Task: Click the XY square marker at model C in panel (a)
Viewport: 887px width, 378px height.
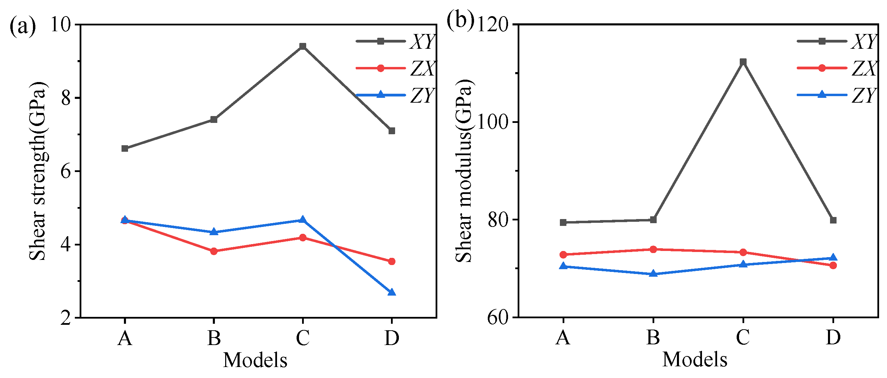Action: click(303, 46)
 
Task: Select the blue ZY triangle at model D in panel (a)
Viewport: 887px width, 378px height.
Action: click(392, 293)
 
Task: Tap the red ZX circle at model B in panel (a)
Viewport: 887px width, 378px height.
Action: click(214, 251)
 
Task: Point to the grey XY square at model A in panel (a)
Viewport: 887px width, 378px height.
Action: click(125, 148)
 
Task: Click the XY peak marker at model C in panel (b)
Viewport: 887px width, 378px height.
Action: click(743, 61)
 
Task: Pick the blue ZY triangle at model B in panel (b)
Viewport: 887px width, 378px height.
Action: click(653, 274)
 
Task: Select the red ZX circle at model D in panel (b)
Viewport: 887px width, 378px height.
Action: click(833, 265)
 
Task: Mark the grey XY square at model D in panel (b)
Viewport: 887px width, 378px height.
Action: click(833, 220)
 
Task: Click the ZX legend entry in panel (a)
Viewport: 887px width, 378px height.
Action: click(396, 68)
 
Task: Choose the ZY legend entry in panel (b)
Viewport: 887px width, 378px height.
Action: click(837, 95)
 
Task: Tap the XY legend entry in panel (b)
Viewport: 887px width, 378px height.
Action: click(837, 41)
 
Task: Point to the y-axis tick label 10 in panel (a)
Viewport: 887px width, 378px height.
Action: click(61, 25)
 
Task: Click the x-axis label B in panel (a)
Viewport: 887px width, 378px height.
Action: click(214, 338)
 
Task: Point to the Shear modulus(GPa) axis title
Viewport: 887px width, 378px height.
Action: click(464, 171)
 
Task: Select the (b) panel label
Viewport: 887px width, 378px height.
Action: click(460, 20)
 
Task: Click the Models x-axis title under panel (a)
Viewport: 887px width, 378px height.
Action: click(255, 360)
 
